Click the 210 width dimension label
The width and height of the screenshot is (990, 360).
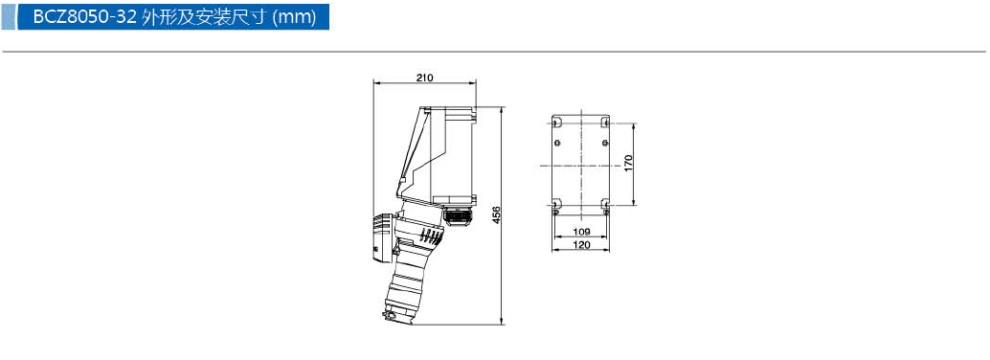(x=424, y=78)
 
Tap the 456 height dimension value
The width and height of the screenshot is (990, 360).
(x=496, y=214)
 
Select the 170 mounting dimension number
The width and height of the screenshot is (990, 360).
(x=628, y=163)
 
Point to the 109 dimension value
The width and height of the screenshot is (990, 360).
(x=581, y=231)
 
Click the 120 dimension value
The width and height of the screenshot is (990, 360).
(x=581, y=245)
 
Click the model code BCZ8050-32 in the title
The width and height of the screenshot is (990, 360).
(x=84, y=17)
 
